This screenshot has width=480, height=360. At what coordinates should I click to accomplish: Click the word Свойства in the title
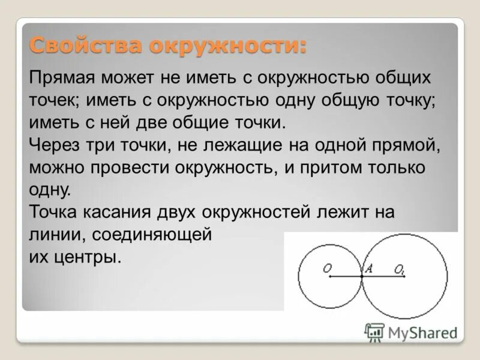tap(68, 46)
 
